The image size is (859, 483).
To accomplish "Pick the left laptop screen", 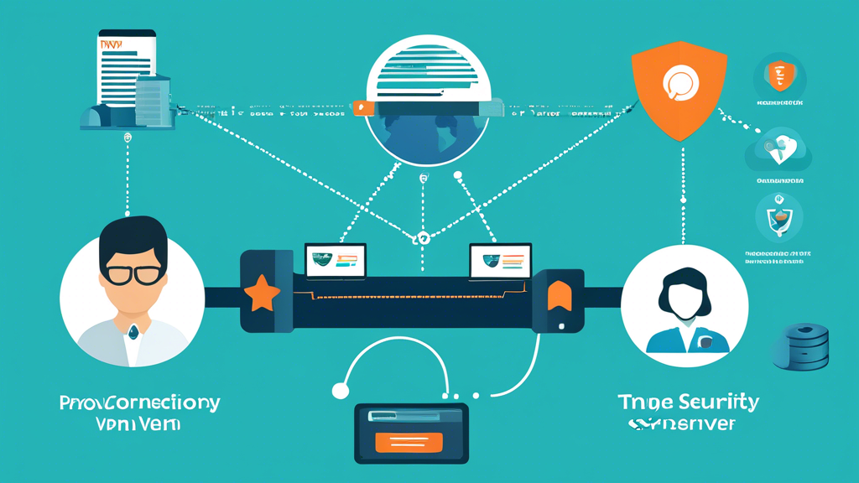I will pyautogui.click(x=336, y=260).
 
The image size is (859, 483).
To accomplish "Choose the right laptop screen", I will pyautogui.click(x=500, y=261).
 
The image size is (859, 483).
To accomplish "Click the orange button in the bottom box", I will pyautogui.click(x=409, y=442).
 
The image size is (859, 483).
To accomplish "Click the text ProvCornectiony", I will pyautogui.click(x=139, y=403).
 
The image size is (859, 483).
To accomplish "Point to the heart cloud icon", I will pyautogui.click(x=779, y=152).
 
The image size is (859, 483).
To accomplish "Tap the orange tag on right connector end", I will pyautogui.click(x=559, y=296).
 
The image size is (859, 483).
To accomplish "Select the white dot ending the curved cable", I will pyautogui.click(x=340, y=390).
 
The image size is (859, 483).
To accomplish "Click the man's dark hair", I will pyautogui.click(x=133, y=237).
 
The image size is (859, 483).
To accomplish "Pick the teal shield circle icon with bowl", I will pyautogui.click(x=779, y=217).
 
